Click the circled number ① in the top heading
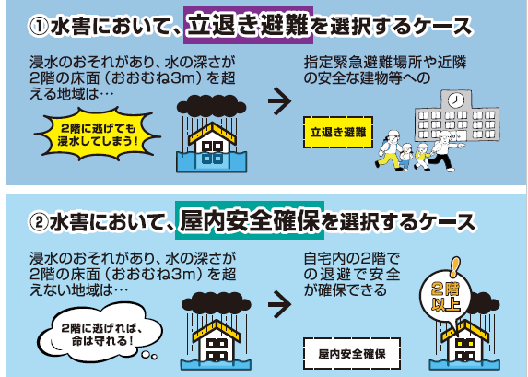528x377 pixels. [x=39, y=27]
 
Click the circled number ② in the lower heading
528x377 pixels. [x=39, y=223]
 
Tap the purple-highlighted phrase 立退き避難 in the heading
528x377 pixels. [x=248, y=25]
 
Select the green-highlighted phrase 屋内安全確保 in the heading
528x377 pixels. [x=250, y=220]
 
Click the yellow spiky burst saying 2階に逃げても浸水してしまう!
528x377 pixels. [x=97, y=134]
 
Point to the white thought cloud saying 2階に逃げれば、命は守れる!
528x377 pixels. [x=100, y=333]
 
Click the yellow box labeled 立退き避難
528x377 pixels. [x=338, y=132]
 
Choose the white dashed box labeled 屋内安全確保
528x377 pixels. [x=352, y=353]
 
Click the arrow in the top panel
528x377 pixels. [x=279, y=100]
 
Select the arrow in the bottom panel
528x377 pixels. [x=279, y=304]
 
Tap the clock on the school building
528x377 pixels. [x=456, y=100]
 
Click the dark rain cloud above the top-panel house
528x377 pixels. [x=211, y=105]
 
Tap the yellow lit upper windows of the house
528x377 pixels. [x=465, y=344]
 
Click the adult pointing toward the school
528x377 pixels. [x=445, y=151]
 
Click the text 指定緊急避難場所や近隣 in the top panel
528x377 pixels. [x=385, y=63]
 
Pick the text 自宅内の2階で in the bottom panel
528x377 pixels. [x=352, y=259]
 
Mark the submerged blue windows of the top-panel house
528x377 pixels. [x=212, y=158]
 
